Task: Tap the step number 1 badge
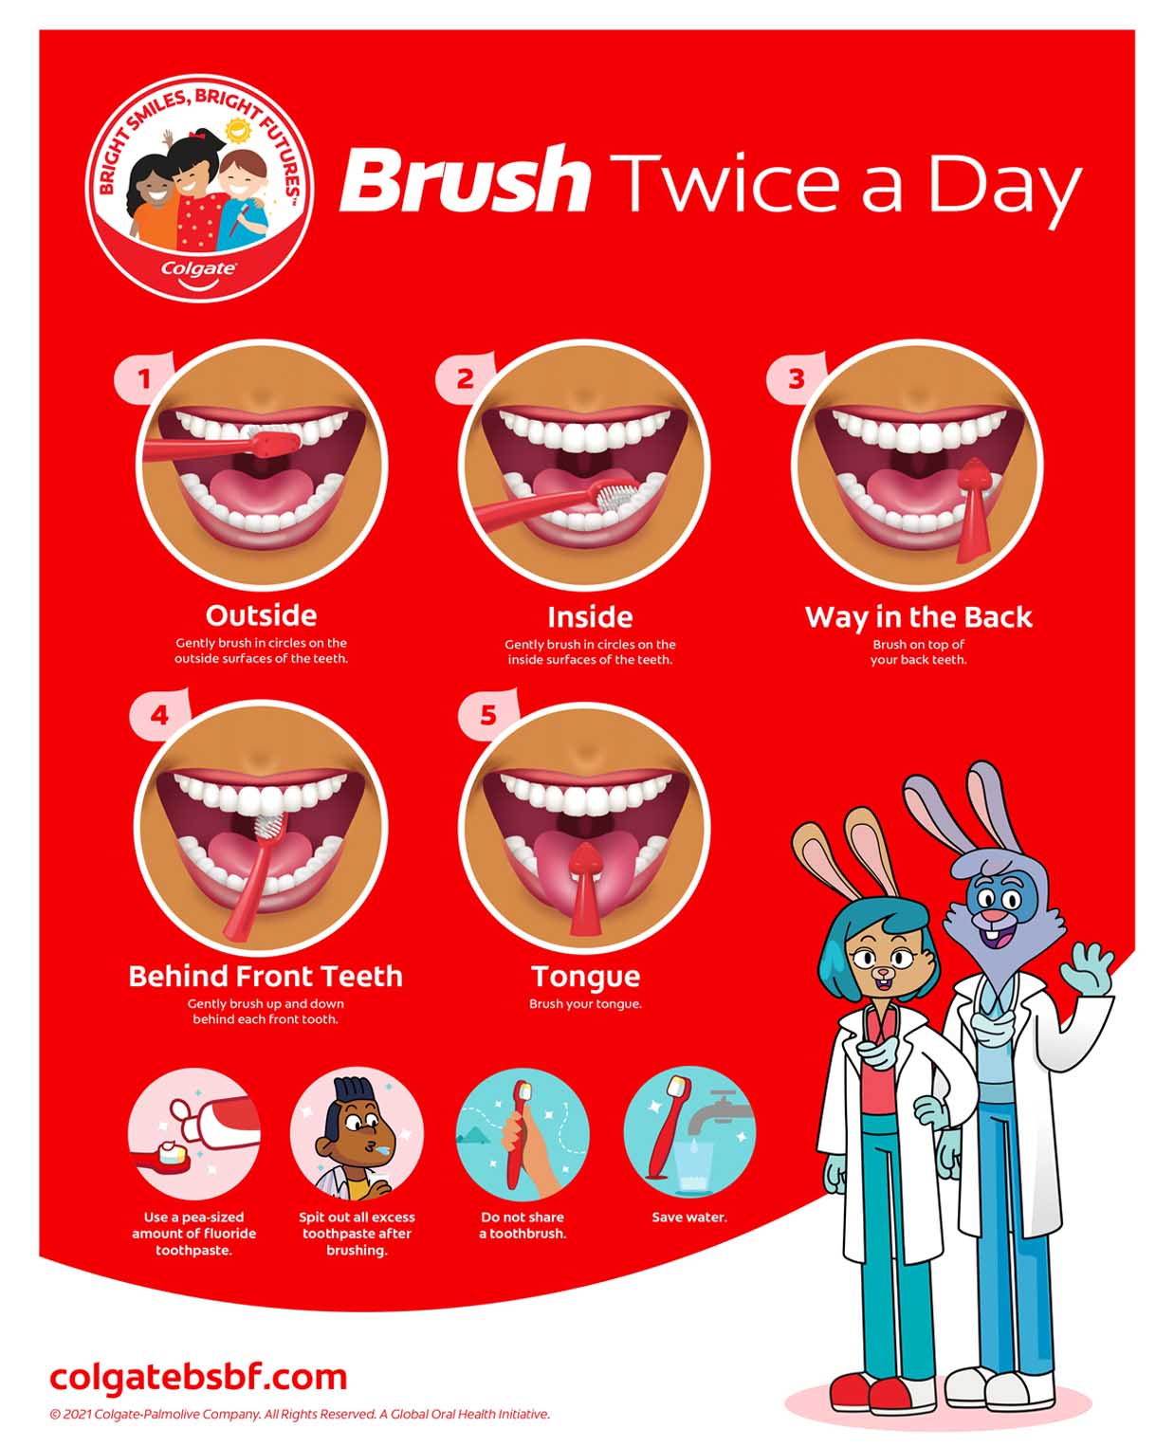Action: [143, 379]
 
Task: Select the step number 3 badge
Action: [796, 378]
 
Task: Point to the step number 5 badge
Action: [487, 714]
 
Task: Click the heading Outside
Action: [261, 615]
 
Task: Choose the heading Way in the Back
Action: [918, 617]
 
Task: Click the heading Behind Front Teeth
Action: [266, 976]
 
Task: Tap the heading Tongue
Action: [585, 976]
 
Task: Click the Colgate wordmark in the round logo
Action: [198, 268]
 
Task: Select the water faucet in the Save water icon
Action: [716, 1114]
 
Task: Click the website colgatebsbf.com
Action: [198, 1377]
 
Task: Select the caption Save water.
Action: [689, 1218]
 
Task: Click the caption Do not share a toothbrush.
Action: [523, 1225]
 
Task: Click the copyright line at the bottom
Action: [300, 1414]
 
